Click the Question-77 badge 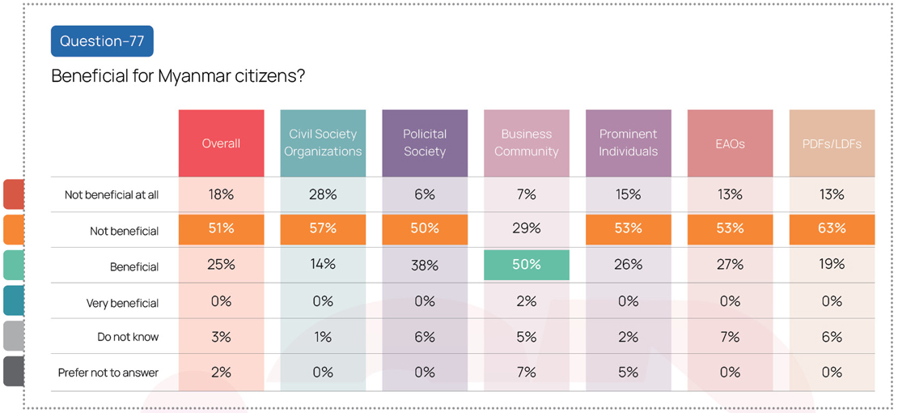pyautogui.click(x=102, y=41)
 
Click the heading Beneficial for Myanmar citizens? pyautogui.click(x=178, y=76)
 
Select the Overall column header pyautogui.click(x=221, y=143)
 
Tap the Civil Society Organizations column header pyautogui.click(x=323, y=143)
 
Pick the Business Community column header pyautogui.click(x=527, y=143)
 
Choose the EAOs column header pyautogui.click(x=730, y=143)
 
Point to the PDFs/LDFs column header pyautogui.click(x=832, y=143)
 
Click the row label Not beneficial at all pyautogui.click(x=112, y=195)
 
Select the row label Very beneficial pyautogui.click(x=122, y=304)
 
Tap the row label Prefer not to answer pyautogui.click(x=108, y=373)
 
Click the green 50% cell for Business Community pyautogui.click(x=527, y=265)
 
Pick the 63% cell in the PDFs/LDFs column pyautogui.click(x=832, y=229)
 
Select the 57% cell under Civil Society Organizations pyautogui.click(x=323, y=229)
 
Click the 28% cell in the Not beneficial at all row pyautogui.click(x=323, y=194)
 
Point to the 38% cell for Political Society pyautogui.click(x=425, y=265)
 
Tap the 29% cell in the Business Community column pyautogui.click(x=527, y=229)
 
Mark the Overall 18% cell pyautogui.click(x=221, y=194)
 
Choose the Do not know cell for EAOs pyautogui.click(x=730, y=337)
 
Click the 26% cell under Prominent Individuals pyautogui.click(x=629, y=265)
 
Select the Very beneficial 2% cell pyautogui.click(x=527, y=301)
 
